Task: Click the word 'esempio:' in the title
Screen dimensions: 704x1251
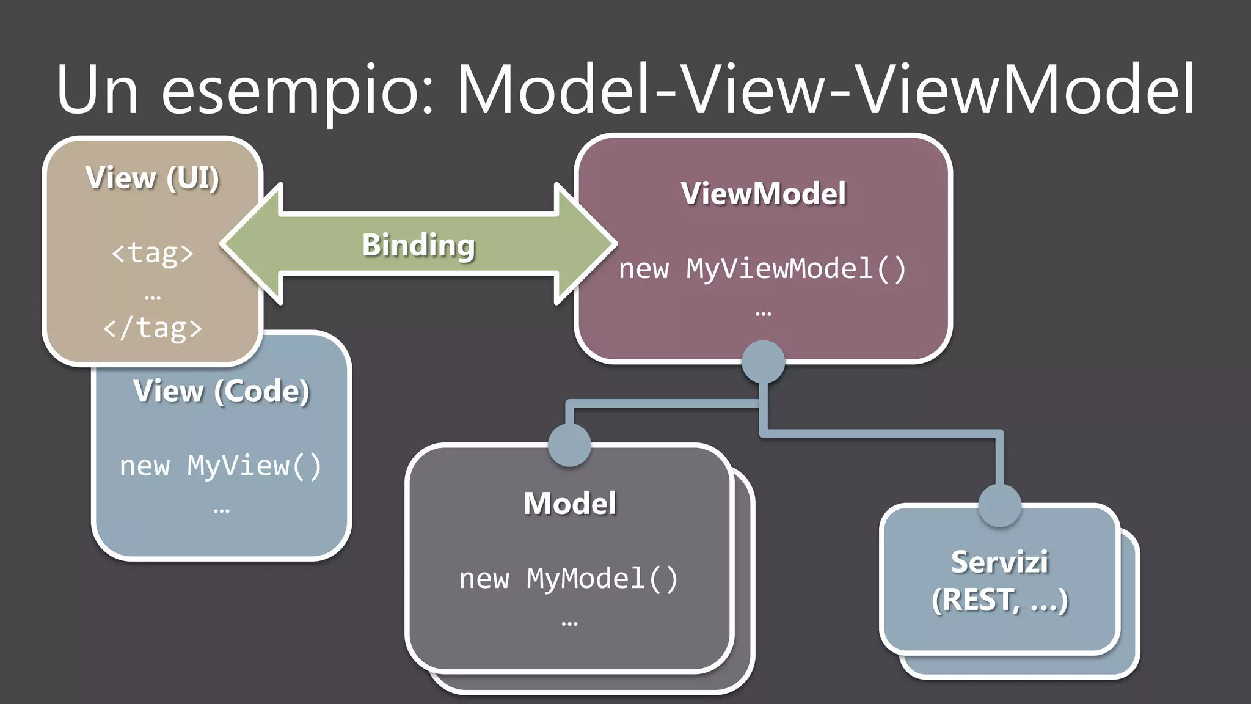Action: click(x=297, y=90)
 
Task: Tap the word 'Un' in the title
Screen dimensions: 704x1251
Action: click(x=98, y=90)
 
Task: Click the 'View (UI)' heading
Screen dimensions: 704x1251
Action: click(x=153, y=178)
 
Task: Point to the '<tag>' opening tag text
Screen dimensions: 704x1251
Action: click(x=153, y=252)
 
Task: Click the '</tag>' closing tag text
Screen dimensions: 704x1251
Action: click(x=153, y=328)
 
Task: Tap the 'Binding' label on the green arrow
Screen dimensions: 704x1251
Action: click(x=418, y=245)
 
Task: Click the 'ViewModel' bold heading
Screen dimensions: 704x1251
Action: click(x=764, y=194)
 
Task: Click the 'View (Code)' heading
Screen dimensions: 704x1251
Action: click(x=221, y=391)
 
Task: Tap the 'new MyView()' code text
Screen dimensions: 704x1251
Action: click(x=221, y=466)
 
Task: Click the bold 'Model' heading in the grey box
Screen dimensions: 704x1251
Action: click(x=569, y=504)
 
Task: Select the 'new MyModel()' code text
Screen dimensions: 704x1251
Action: click(x=569, y=579)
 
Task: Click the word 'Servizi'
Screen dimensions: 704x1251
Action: click(x=999, y=562)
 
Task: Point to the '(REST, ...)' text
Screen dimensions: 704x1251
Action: click(x=999, y=600)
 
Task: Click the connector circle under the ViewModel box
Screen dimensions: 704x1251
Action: click(x=763, y=362)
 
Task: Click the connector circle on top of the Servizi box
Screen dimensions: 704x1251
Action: click(x=999, y=505)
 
